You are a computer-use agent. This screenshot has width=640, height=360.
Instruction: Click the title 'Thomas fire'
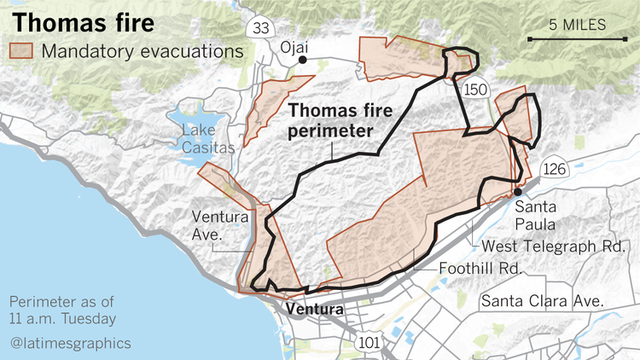pos(83,20)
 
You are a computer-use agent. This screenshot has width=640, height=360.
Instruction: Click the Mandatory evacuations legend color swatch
pos(20,51)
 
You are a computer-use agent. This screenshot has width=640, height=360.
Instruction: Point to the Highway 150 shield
pos(474,89)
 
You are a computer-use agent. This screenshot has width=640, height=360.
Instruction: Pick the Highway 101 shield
pos(368,342)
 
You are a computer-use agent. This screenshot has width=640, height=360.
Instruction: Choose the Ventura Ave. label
pos(219,224)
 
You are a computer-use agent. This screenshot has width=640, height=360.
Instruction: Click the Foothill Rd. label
pos(480,268)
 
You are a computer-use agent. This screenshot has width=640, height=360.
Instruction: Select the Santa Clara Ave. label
pos(542,301)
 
